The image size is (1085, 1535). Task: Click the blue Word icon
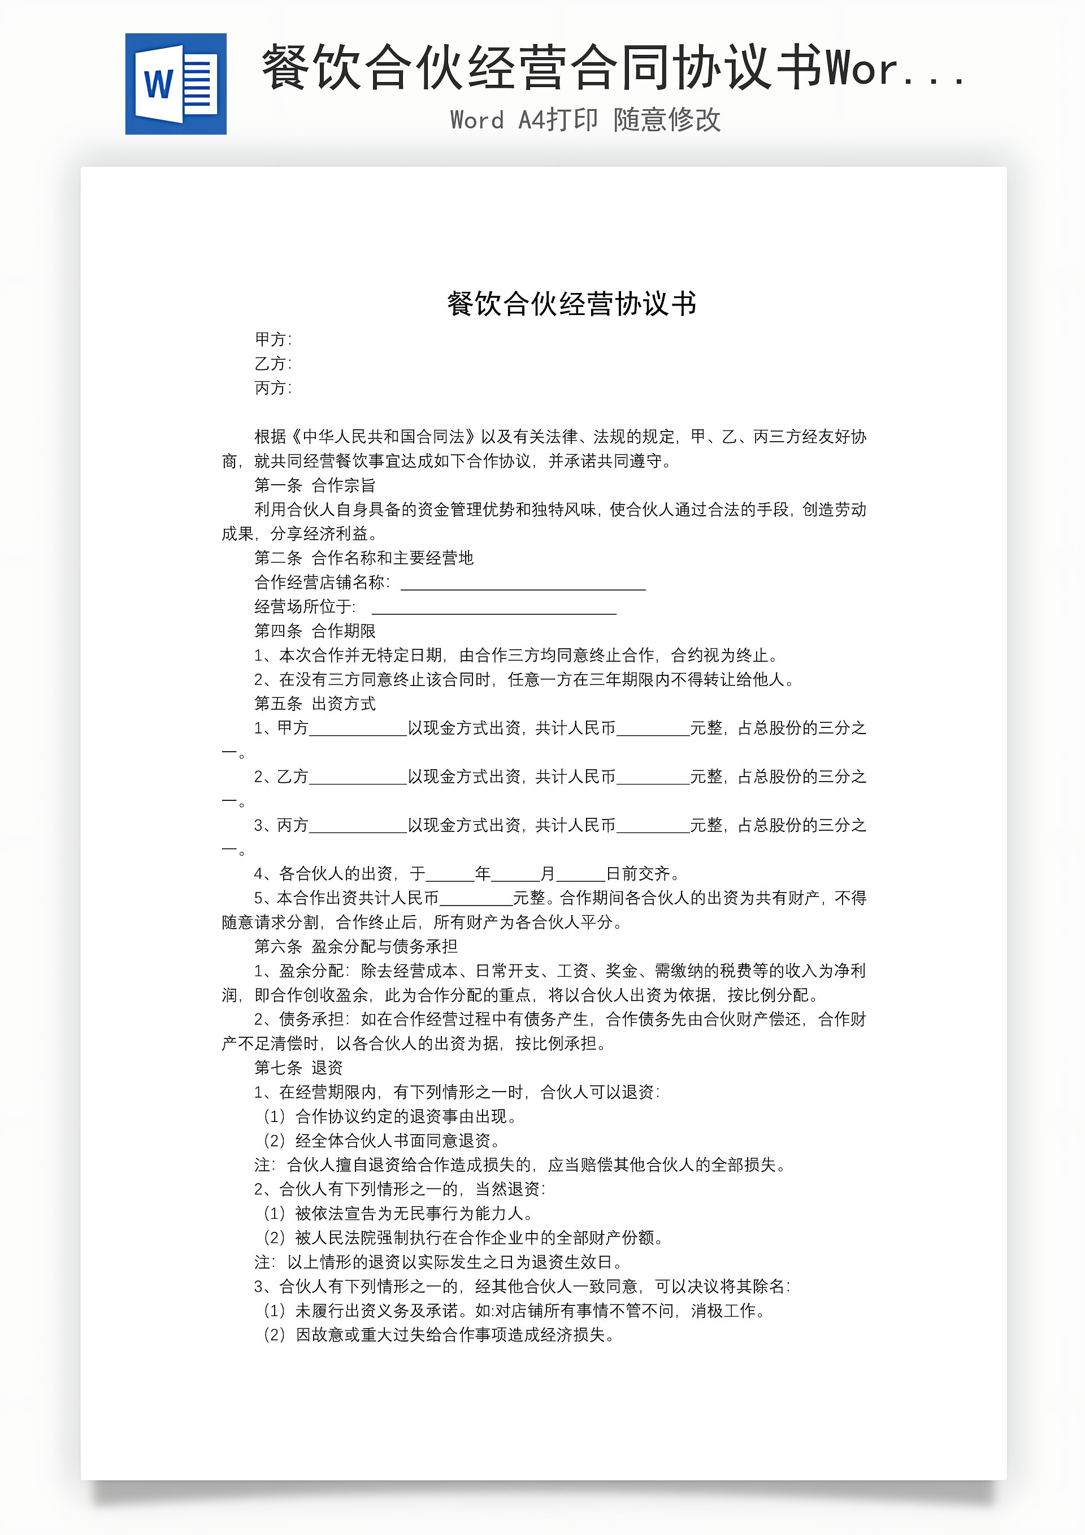click(x=176, y=84)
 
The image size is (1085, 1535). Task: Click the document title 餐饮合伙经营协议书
click(x=572, y=304)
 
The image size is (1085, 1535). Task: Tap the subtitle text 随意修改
click(x=667, y=120)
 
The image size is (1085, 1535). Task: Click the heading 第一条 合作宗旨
click(x=315, y=485)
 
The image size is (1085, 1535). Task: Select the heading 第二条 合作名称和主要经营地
click(x=363, y=558)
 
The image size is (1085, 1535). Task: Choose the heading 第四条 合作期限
click(x=315, y=631)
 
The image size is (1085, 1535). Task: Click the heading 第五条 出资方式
click(x=315, y=704)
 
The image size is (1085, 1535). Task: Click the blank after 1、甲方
click(x=358, y=730)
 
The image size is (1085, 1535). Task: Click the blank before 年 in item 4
click(x=450, y=876)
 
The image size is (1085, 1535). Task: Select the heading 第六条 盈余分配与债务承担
click(x=355, y=947)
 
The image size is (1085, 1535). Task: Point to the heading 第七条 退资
click(x=298, y=1068)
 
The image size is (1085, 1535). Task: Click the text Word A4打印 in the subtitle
click(x=524, y=120)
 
